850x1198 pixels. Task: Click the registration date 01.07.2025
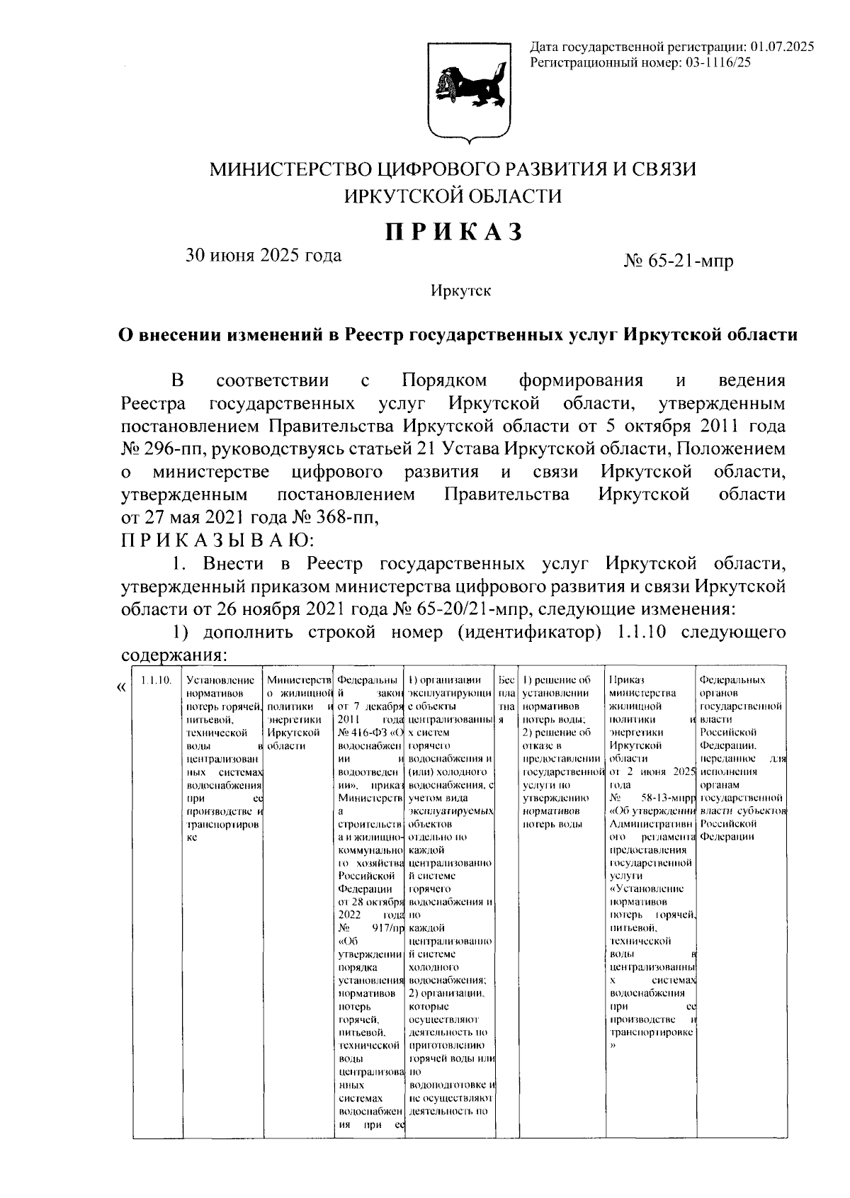(782, 47)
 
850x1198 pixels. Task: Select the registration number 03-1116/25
(716, 62)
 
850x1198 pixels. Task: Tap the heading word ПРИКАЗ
(454, 232)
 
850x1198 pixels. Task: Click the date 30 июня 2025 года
(263, 256)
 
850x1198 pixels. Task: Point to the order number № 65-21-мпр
(679, 261)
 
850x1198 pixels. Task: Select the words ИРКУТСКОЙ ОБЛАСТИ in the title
(453, 196)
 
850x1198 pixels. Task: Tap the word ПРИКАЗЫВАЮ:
(216, 541)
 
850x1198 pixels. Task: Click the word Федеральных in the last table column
(732, 680)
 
